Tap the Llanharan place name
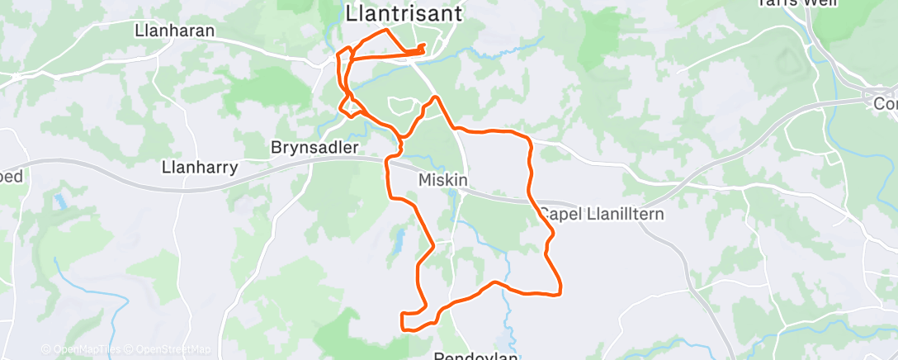[174, 31]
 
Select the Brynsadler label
[314, 149]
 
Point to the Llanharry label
[200, 168]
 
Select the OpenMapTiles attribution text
[82, 349]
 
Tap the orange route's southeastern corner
[560, 291]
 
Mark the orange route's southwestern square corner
[403, 328]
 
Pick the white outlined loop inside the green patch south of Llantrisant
[400, 105]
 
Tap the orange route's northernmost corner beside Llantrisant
[385, 31]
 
